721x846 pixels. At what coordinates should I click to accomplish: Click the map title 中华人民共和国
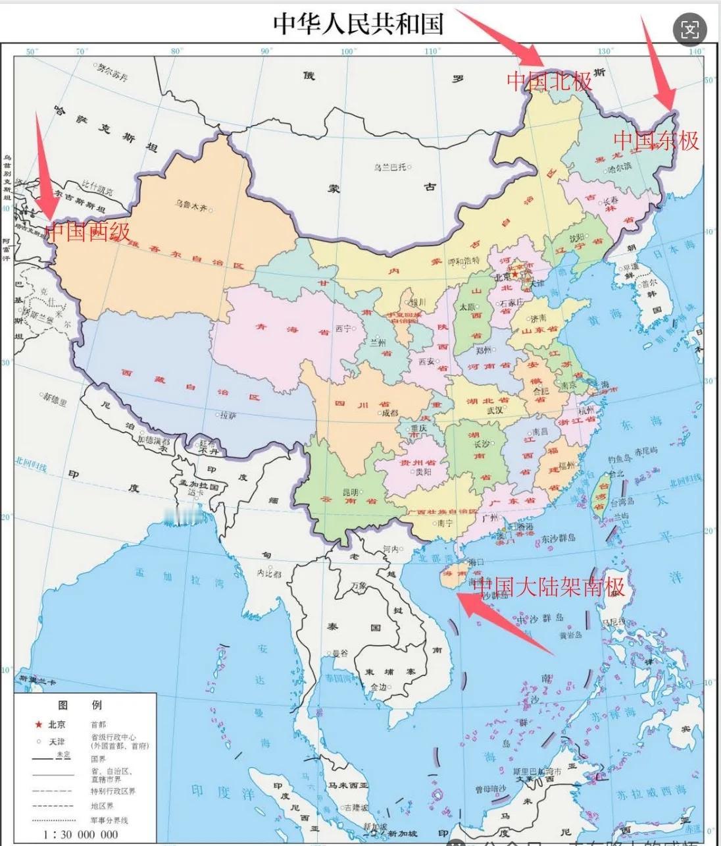click(359, 24)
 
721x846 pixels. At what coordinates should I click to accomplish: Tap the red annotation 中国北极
click(549, 81)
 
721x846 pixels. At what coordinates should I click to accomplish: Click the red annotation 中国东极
click(656, 140)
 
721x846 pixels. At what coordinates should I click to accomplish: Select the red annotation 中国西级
click(87, 231)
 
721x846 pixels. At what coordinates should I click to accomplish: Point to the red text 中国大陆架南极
click(549, 585)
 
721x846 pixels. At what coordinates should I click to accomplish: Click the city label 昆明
click(350, 492)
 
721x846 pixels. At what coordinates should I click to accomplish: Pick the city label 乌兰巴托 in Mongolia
click(390, 167)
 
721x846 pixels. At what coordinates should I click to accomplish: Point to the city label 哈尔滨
click(619, 167)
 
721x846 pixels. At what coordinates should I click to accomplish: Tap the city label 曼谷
click(339, 653)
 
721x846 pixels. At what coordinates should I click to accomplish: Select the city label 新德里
click(55, 398)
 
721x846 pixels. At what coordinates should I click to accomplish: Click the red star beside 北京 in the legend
click(38, 724)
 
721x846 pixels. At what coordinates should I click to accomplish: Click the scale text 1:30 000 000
click(81, 834)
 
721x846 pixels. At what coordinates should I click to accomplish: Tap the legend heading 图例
click(79, 705)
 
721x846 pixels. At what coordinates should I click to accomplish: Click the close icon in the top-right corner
click(690, 29)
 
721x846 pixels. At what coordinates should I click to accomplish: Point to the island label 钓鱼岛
click(620, 459)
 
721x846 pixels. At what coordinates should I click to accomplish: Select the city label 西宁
click(343, 329)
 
